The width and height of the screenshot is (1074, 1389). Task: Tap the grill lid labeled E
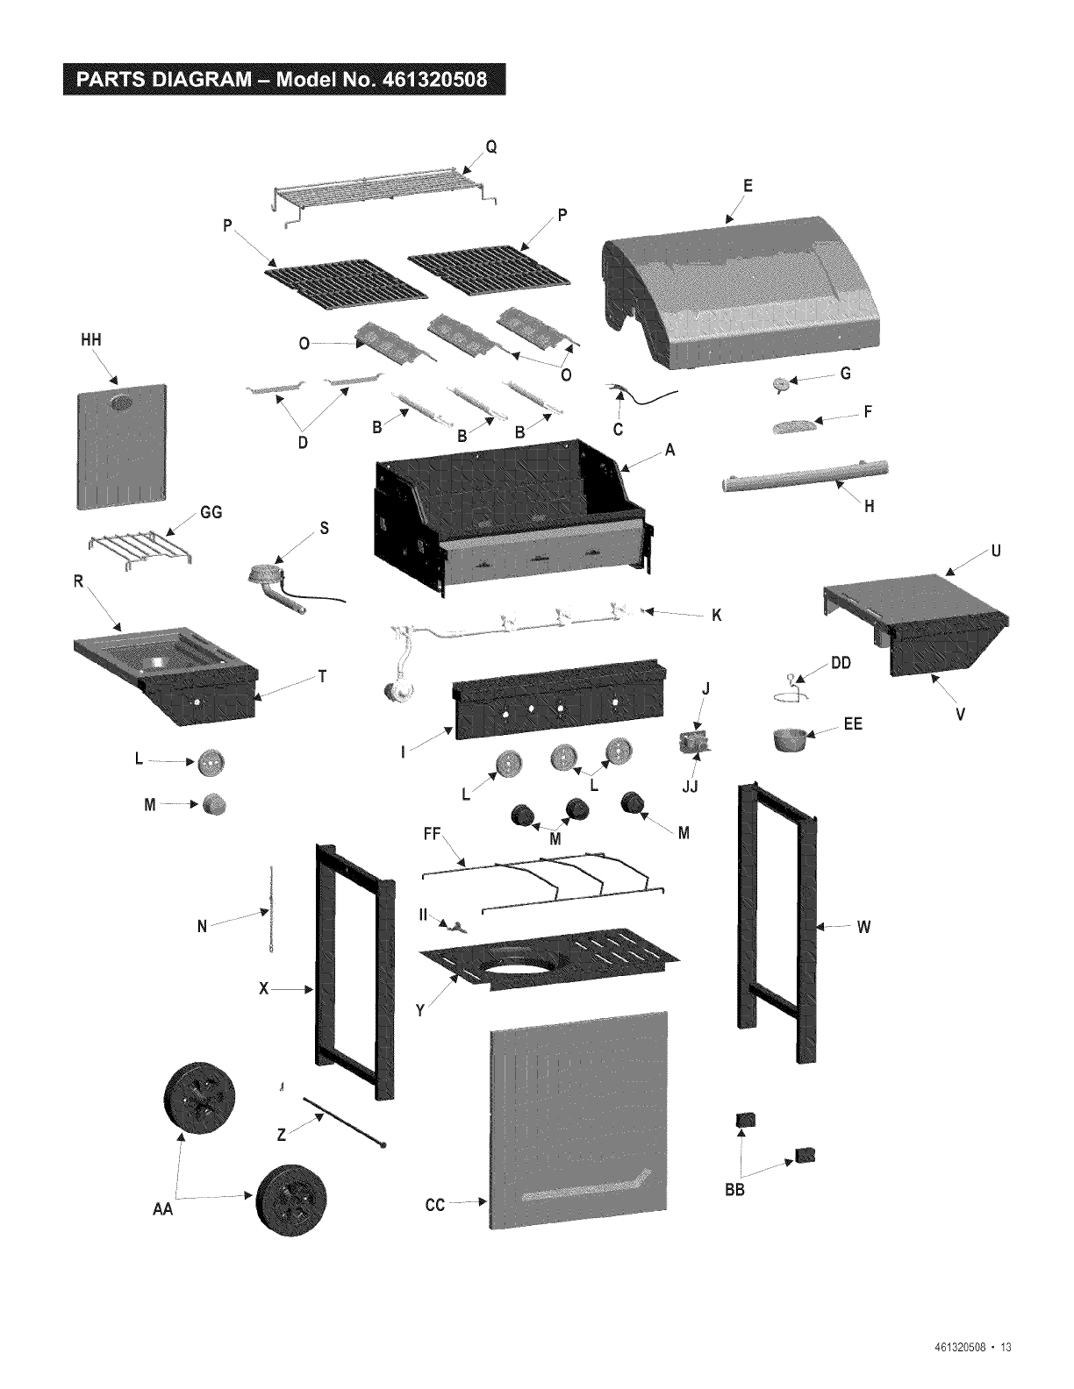[x=746, y=289]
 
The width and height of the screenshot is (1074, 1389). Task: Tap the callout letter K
[x=716, y=616]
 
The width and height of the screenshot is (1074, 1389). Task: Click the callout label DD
[x=841, y=664]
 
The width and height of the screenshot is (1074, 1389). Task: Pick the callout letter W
[x=863, y=926]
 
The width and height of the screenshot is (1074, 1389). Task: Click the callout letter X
[x=263, y=989]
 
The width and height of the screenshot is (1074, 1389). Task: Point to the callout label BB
[x=734, y=1190]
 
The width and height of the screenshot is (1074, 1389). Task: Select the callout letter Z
[x=282, y=1135]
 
